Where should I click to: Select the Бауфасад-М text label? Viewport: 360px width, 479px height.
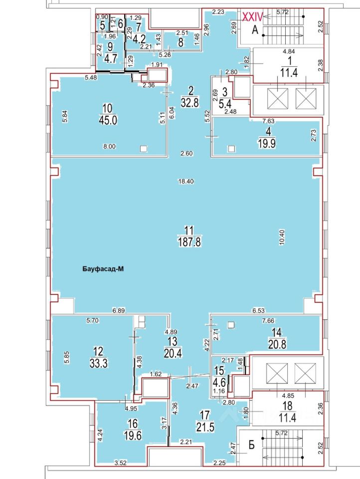102,269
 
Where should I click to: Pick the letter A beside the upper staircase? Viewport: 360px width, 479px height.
254,30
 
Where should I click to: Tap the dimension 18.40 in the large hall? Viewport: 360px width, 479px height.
185,183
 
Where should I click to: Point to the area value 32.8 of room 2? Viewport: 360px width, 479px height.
189,101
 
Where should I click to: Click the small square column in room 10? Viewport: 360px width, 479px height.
144,148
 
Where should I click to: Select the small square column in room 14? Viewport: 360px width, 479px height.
230,325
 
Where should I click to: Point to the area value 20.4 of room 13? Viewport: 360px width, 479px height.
172,354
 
